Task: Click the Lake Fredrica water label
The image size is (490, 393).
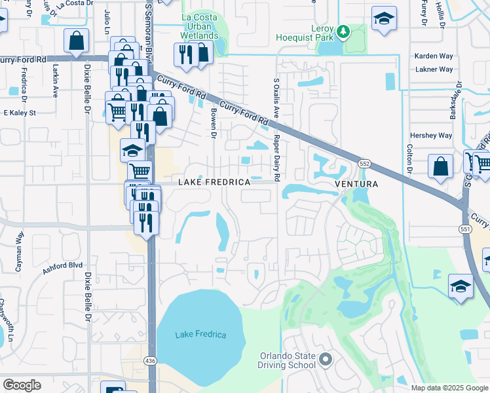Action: pyautogui.click(x=200, y=335)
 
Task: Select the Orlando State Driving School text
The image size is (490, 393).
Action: pyautogui.click(x=288, y=361)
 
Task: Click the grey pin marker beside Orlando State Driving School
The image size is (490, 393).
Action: pyautogui.click(x=326, y=360)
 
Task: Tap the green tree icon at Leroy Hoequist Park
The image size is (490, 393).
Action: pyautogui.click(x=342, y=31)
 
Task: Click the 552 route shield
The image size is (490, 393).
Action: pyautogui.click(x=366, y=162)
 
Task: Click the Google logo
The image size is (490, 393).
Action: pyautogui.click(x=22, y=385)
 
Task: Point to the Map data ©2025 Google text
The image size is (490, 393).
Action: pyautogui.click(x=449, y=388)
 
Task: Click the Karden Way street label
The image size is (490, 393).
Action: pyautogui.click(x=434, y=56)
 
